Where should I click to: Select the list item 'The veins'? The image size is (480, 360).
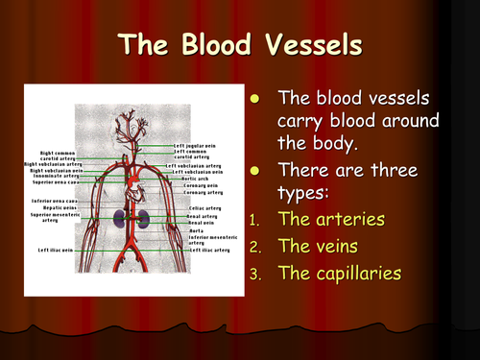308,246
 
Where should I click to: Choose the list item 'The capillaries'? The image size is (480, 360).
338,273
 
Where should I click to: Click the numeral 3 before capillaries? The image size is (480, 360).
253,274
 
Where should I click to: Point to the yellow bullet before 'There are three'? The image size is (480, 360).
254,170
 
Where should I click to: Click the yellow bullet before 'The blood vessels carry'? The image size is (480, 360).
254,98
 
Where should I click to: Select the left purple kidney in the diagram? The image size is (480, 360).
119,218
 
